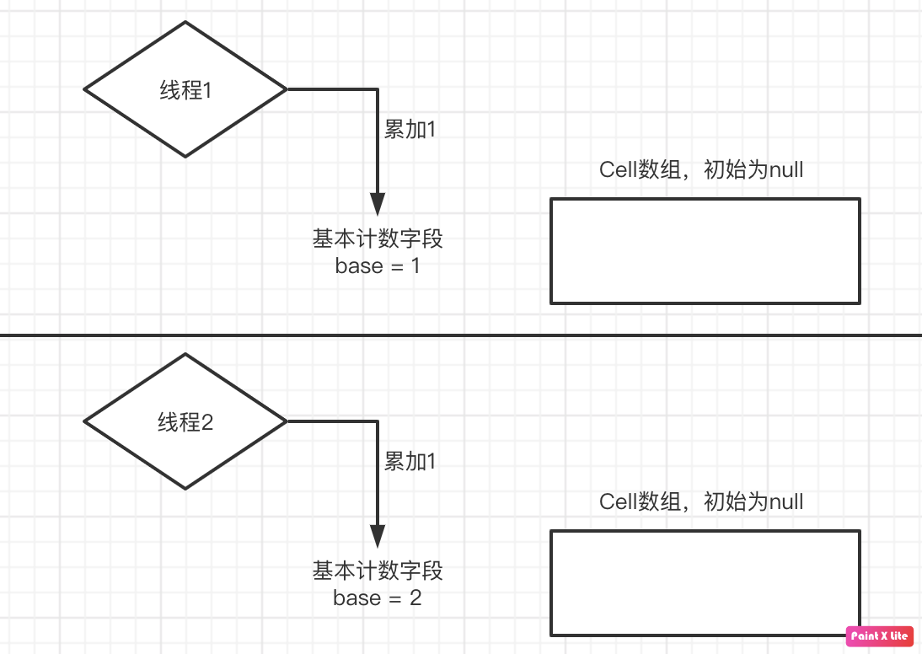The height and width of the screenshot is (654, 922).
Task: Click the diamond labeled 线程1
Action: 185,89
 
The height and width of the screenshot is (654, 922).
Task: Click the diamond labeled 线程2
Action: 185,421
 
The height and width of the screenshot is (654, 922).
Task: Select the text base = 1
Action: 378,266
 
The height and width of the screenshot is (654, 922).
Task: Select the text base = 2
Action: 378,598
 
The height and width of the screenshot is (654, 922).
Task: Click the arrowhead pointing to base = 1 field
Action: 378,205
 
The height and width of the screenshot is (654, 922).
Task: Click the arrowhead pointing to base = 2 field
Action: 378,537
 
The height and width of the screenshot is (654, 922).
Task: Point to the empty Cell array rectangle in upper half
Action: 705,250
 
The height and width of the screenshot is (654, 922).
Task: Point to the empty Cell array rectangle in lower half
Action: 705,582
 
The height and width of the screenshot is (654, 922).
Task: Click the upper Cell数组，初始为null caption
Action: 701,170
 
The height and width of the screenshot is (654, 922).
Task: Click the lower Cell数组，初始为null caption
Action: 701,502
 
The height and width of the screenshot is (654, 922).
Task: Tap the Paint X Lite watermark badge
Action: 879,636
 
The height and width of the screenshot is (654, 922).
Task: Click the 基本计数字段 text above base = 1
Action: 378,239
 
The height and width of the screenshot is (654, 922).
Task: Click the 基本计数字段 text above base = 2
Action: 378,571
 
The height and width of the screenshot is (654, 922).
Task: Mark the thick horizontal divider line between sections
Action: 461,335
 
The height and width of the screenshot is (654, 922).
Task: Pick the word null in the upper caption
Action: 786,170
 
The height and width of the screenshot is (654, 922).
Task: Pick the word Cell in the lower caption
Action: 618,502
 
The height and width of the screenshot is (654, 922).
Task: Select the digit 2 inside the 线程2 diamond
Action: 208,422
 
